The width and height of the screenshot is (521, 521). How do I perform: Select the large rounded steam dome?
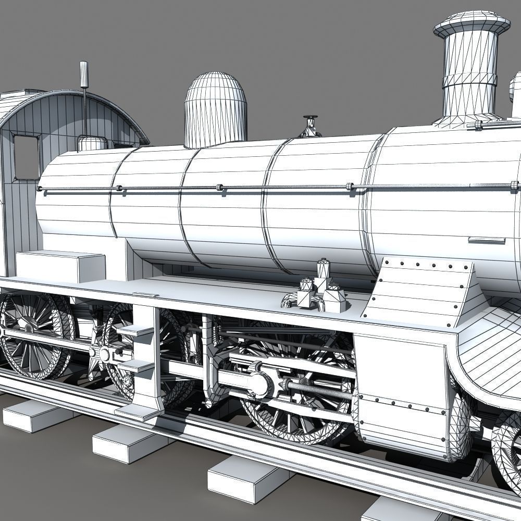coord(215,109)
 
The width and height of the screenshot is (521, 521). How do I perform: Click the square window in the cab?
coord(26,156)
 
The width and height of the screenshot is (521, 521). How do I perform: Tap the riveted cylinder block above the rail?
coord(401,396)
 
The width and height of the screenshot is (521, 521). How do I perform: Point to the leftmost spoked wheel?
coord(31,333)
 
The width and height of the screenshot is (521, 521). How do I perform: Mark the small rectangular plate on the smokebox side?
coord(487,240)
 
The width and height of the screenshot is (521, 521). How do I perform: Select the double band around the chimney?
coord(469,81)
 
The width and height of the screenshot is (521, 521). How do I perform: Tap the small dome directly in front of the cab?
coord(92,143)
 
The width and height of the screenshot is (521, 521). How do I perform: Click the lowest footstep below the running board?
coord(137,412)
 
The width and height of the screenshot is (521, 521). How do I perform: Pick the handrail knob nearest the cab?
coord(39,189)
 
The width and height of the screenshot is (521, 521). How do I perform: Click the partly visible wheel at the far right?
coord(508,448)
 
